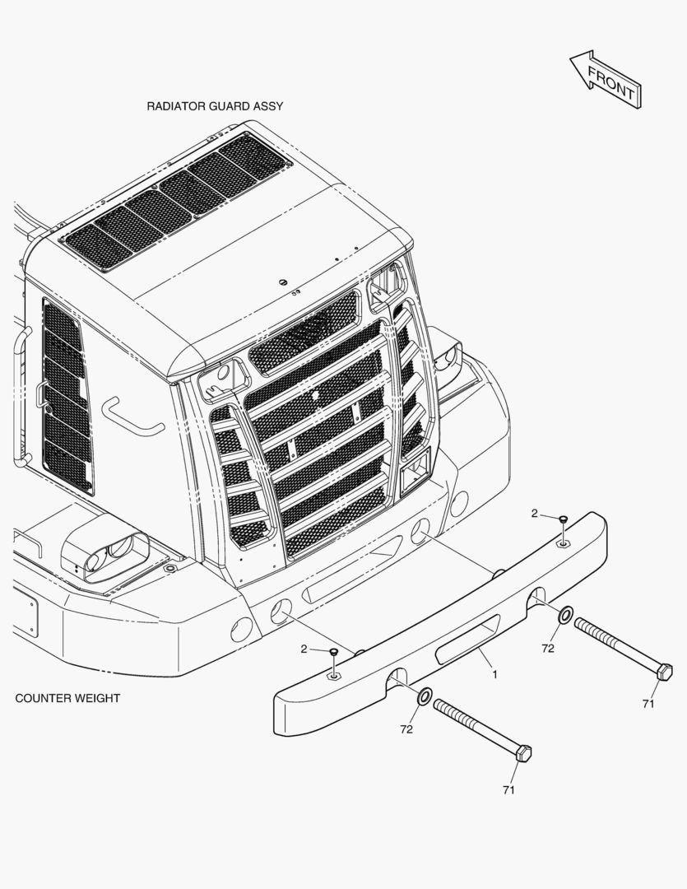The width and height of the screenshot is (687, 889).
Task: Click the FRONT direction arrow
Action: pos(606,79)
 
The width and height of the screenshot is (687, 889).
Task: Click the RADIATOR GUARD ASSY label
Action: pos(215,106)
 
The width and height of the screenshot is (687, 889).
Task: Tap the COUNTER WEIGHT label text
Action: pos(67,698)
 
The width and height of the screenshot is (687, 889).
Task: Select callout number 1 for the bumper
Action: pos(494,675)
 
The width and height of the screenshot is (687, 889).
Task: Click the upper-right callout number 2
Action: pos(535,513)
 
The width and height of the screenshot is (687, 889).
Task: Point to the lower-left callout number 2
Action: pos(304,649)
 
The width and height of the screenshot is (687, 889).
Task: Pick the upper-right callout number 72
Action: pos(548,648)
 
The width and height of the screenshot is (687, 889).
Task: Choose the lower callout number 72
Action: pos(406,729)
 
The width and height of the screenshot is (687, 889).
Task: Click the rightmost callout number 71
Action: pos(648,704)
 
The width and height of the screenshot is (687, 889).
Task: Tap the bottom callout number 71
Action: pos(508,789)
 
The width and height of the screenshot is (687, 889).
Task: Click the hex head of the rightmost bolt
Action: pos(664,672)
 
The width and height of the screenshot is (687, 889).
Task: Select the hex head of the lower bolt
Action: pos(523,753)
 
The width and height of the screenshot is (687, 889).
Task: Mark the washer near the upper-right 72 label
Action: pos(565,614)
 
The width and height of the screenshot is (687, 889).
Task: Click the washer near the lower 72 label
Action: pos(425,696)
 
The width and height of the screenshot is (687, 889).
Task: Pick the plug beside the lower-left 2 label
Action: pos(333,653)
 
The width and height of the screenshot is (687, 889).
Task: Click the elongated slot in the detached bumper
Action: pos(467,639)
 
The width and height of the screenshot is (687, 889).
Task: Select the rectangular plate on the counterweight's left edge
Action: pos(26,610)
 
